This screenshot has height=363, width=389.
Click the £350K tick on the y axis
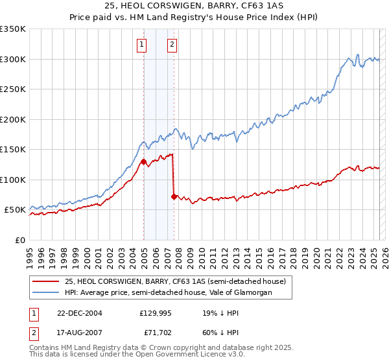13,29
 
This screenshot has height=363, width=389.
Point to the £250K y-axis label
13,89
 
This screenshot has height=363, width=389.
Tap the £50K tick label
16,210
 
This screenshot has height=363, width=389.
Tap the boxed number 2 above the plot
172,45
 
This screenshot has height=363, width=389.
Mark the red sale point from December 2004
143,161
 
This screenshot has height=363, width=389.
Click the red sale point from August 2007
174,196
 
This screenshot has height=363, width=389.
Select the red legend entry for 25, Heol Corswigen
171,281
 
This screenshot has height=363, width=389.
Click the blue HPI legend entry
168,292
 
